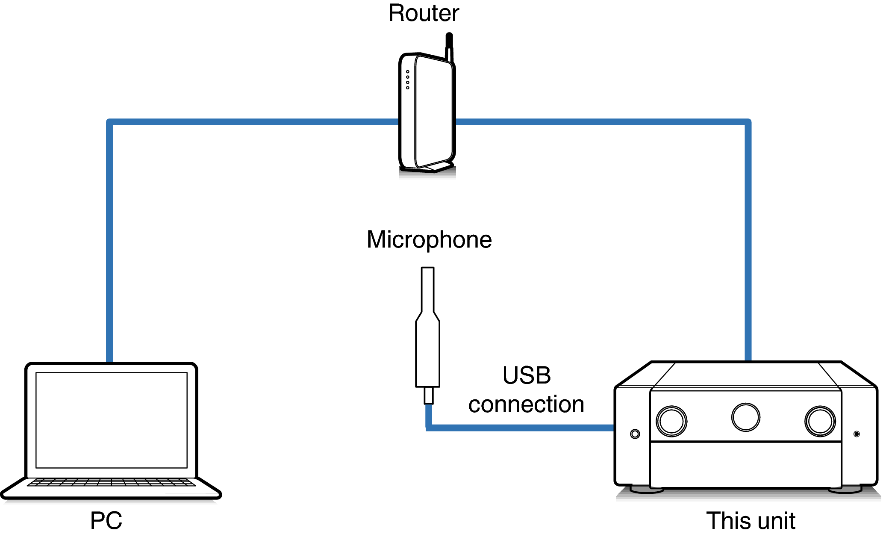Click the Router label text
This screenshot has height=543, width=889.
point(424,13)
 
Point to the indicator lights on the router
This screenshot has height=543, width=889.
point(408,80)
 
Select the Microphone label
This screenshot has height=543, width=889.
point(429,239)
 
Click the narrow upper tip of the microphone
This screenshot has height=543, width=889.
point(427,289)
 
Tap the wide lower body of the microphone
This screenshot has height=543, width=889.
point(427,355)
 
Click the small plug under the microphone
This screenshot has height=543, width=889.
point(428,395)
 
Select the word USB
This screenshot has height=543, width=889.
point(527,375)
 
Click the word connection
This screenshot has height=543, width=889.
point(526,404)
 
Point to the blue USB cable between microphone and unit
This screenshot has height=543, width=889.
point(521,428)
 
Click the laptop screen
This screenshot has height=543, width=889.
point(112,420)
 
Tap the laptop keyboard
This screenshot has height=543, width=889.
point(112,483)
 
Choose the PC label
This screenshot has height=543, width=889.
point(106,521)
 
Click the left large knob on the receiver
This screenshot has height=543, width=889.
point(671,421)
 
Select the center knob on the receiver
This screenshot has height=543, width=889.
point(745,417)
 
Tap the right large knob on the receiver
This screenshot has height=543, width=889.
point(820,421)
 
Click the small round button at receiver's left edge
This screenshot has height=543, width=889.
point(635,434)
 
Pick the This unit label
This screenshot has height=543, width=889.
point(751,521)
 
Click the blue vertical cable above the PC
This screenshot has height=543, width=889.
point(109,239)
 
